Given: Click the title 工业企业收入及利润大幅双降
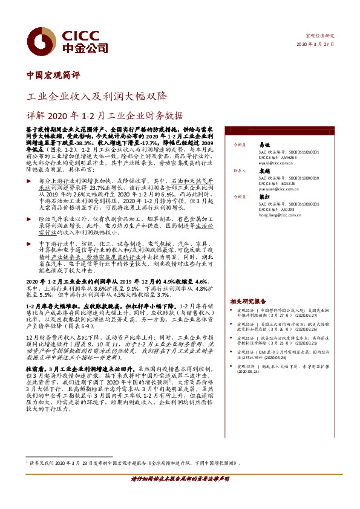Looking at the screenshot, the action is pos(97,96).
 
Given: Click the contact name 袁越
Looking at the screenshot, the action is pos(264,171).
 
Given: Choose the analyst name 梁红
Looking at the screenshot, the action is pos(264,197).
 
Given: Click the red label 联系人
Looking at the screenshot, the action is pos(241,171).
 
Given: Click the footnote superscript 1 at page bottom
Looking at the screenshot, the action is pos(27,461).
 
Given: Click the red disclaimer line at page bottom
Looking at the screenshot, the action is pos(180,495).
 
